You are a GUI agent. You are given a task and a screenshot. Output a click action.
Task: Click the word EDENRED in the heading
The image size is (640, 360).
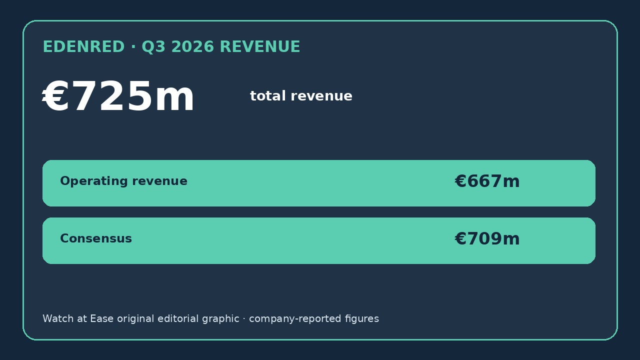(83, 46)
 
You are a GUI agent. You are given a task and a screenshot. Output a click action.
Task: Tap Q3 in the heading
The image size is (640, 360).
(153, 47)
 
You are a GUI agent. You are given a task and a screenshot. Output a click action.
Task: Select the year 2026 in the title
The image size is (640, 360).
(193, 46)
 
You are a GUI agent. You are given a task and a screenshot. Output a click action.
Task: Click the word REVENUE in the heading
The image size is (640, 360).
(260, 46)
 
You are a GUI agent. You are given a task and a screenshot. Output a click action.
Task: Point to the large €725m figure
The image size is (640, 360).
(118, 95)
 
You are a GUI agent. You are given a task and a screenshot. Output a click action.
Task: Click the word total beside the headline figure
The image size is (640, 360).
(267, 95)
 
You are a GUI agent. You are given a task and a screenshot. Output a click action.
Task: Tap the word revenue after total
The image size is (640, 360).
(321, 96)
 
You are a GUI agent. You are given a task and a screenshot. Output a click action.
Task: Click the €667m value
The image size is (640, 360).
(487, 181)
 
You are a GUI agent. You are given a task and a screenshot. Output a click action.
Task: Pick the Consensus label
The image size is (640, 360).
(96, 238)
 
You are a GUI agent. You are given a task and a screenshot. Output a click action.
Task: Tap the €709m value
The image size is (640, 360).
(487, 238)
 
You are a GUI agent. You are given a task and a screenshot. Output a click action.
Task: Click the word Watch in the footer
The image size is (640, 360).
(58, 318)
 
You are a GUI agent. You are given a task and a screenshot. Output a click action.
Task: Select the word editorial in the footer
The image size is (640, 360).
(178, 318)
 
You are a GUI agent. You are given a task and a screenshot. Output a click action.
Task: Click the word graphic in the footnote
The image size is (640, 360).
(220, 319)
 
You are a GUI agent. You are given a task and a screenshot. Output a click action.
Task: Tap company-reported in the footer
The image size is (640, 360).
(295, 319)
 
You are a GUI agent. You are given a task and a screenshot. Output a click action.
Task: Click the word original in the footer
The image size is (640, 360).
(135, 319)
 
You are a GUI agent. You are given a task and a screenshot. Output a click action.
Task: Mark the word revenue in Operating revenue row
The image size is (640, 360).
(159, 181)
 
